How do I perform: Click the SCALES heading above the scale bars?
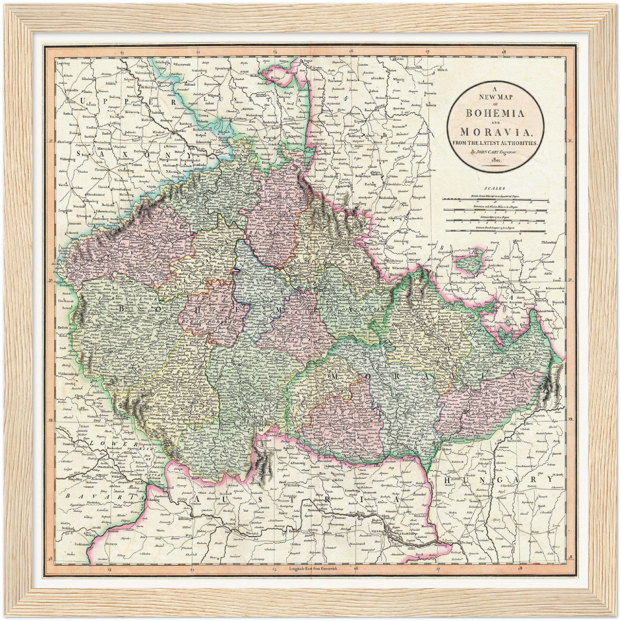pyautogui.click(x=495, y=188)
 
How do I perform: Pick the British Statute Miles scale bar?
pyautogui.click(x=495, y=199)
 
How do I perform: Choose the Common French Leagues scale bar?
pyautogui.click(x=495, y=230)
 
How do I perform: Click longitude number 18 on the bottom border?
pyautogui.click(x=520, y=568)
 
